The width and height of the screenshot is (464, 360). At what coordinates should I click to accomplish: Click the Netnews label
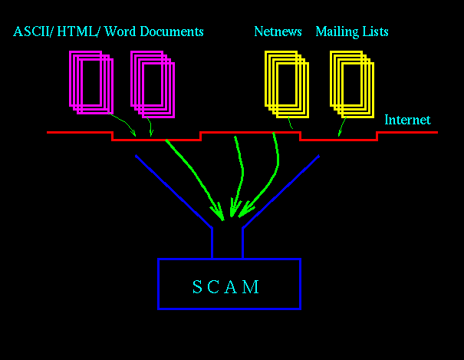point(278,32)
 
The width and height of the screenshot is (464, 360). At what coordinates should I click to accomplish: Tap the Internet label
point(407,121)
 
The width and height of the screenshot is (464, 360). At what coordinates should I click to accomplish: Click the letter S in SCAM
point(197,287)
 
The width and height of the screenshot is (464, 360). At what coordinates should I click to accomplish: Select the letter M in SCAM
point(252,287)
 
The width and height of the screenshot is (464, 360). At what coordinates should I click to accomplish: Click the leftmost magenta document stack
point(90,82)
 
